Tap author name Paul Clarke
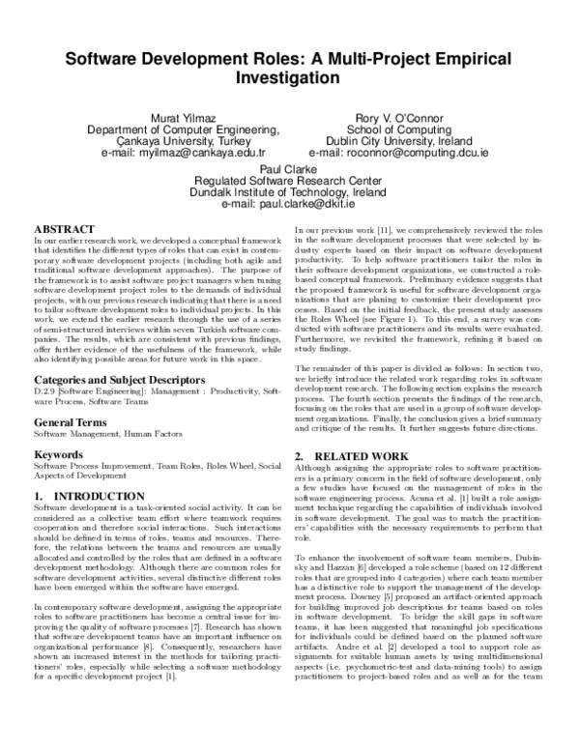coord(290,166)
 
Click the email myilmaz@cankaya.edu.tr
coord(183,153)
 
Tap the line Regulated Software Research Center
coord(290,179)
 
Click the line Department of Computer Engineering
coord(183,130)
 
